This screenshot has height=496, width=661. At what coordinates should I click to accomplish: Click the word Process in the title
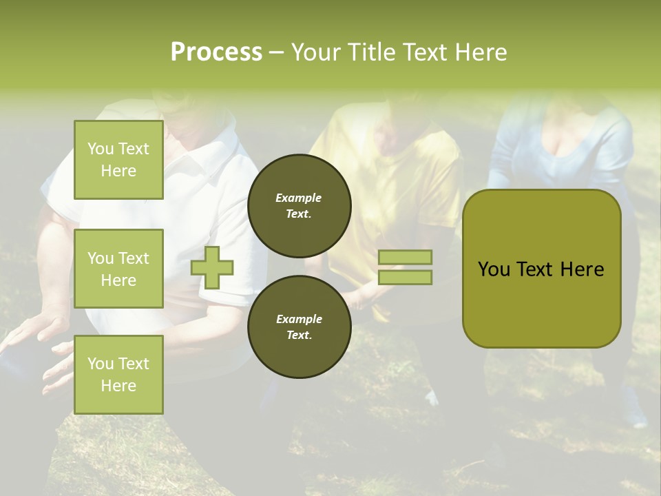[x=216, y=52]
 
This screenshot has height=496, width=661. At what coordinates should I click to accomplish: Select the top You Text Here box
[x=118, y=160]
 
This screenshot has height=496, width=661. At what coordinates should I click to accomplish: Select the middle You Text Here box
[x=118, y=269]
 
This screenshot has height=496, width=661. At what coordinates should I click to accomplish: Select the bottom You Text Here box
[x=118, y=374]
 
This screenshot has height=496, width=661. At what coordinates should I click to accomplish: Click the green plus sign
[x=212, y=267]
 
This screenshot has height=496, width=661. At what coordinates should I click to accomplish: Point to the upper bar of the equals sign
[x=405, y=257]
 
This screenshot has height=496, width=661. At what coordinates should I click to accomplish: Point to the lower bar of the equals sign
[x=405, y=277]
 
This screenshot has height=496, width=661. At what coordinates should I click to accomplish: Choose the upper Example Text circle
[x=299, y=205]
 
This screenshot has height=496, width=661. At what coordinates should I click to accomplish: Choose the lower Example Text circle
[x=299, y=327]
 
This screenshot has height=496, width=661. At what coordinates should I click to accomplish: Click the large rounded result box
[x=541, y=303]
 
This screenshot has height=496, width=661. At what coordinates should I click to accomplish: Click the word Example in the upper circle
[x=299, y=198]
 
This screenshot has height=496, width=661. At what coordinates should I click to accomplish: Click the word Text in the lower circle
[x=299, y=335]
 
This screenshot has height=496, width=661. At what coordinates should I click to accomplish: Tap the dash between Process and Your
[x=276, y=53]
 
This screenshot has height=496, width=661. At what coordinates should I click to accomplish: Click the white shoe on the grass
[x=432, y=397]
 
